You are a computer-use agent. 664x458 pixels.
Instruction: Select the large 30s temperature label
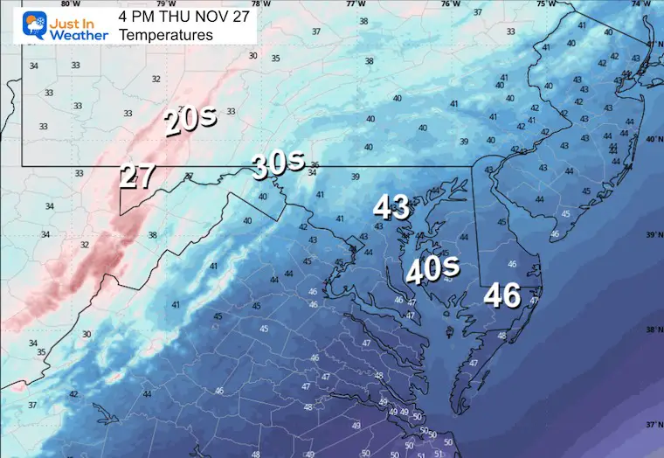[278, 163]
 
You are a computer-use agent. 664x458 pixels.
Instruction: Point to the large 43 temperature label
[391, 207]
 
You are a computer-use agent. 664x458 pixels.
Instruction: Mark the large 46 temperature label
[503, 295]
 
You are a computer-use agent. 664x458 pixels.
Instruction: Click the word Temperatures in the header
[165, 35]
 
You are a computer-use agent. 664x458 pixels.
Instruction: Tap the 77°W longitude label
[356, 3]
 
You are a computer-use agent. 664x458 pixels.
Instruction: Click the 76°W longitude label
[451, 3]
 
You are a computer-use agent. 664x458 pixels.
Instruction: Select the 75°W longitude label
[546, 3]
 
